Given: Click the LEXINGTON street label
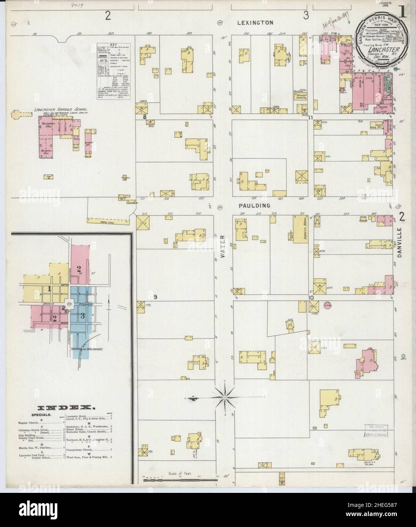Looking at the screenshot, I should [x=255, y=22].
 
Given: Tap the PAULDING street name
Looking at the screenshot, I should [x=255, y=205].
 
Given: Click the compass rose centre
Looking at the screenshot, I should [x=224, y=397].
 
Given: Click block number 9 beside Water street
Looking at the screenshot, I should [x=155, y=296].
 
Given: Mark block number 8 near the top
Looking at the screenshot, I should [x=144, y=117].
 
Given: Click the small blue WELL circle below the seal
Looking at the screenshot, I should [x=403, y=356].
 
